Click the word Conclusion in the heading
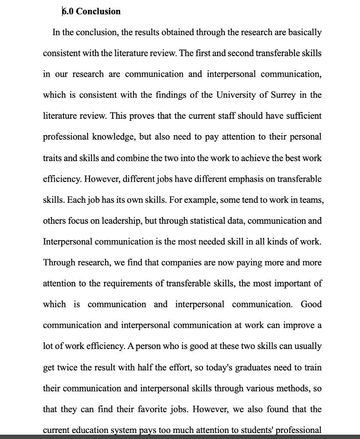pyautogui.click(x=98, y=12)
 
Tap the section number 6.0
pyautogui.click(x=68, y=12)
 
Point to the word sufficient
pyautogui.click(x=303, y=116)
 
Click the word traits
pyautogui.click(x=53, y=158)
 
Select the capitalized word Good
pyautogui.click(x=311, y=304)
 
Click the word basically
pyautogui.click(x=303, y=33)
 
